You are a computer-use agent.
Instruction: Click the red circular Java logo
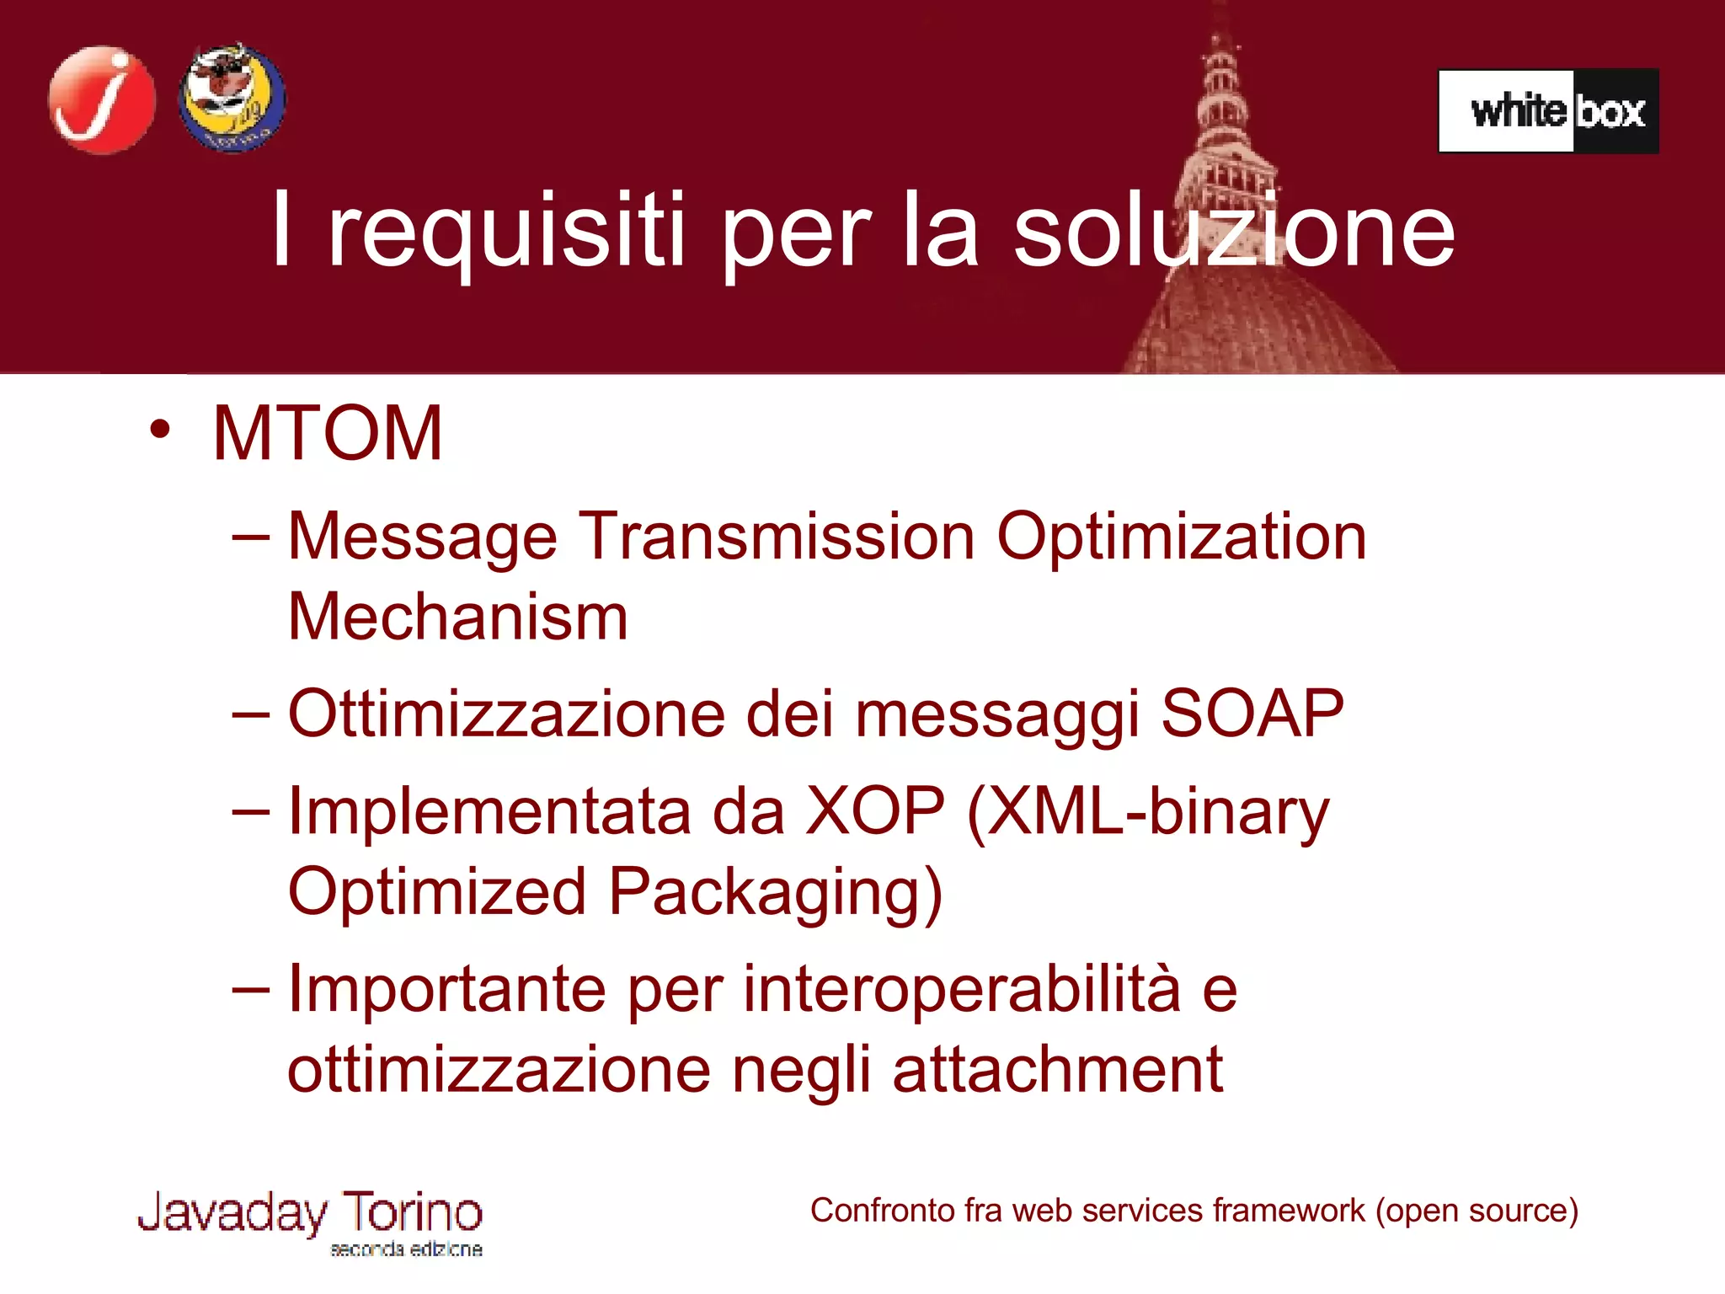point(102,99)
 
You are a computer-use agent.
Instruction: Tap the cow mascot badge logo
point(232,98)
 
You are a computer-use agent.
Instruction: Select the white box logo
point(1548,111)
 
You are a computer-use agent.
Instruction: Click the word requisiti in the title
point(505,232)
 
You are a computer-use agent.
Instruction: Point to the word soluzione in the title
point(1233,232)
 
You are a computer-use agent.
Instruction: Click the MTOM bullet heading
point(328,434)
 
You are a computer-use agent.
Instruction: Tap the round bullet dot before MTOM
point(159,429)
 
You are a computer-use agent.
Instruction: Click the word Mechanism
point(457,618)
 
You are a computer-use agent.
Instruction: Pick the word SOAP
point(1252,714)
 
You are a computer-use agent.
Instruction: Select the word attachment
point(1057,1070)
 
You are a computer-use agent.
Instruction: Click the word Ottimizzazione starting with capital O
point(505,714)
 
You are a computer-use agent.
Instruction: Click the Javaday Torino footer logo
point(310,1214)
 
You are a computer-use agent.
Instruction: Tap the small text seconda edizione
point(406,1249)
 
